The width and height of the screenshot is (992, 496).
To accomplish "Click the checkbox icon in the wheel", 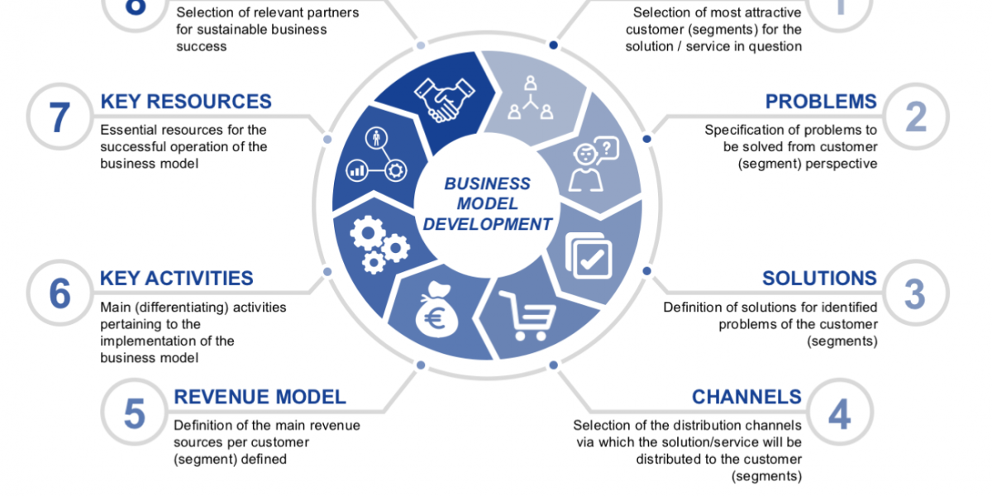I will click(589, 257).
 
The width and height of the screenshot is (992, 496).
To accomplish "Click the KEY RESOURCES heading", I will click(186, 102).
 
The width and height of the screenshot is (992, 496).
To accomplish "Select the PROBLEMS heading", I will click(821, 102).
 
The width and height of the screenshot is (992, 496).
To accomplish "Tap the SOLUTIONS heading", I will click(819, 279).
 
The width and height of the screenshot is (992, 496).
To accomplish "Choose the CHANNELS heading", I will click(746, 397).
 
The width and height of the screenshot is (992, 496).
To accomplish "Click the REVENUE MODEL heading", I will click(260, 397).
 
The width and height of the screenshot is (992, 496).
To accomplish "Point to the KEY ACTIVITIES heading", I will click(177, 279).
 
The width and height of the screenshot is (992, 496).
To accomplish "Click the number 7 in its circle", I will click(60, 117).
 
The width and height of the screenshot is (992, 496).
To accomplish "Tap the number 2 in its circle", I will click(915, 117).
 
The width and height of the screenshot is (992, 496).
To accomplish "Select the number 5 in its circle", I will click(134, 413).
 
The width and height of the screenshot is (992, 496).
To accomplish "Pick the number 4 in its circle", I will click(839, 413).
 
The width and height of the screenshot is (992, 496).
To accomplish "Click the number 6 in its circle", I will click(60, 294).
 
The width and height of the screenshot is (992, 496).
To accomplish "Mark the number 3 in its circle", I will click(914, 294).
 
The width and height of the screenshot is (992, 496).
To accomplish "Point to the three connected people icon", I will click(527, 98).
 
